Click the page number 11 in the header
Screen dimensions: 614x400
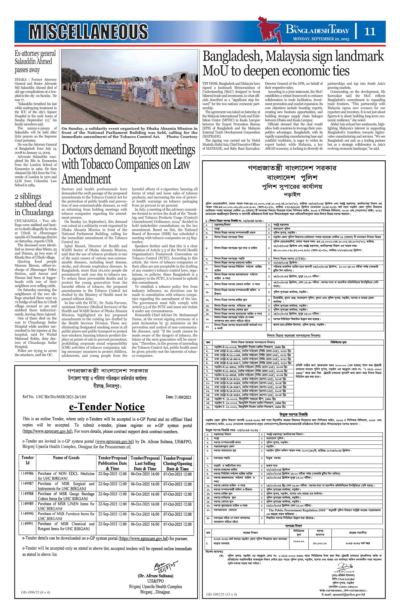(370, 31)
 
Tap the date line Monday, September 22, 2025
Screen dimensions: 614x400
(321, 39)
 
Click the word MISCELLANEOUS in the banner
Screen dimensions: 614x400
(89, 32)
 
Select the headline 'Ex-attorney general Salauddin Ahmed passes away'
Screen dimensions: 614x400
(35, 62)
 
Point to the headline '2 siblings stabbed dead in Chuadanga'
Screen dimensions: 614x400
(34, 204)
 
